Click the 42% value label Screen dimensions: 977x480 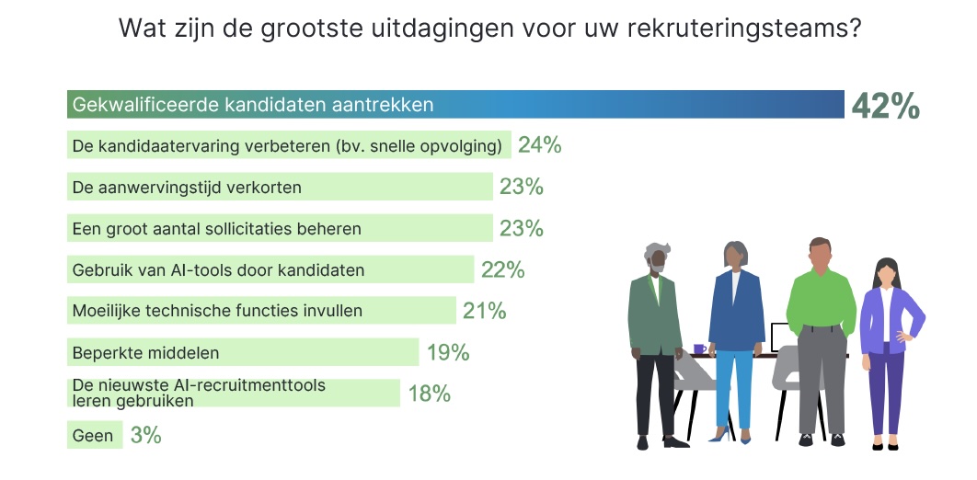point(885,106)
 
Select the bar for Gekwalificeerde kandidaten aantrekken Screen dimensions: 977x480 point(455,104)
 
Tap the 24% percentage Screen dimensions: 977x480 point(540,145)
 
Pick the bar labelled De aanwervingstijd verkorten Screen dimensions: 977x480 point(280,187)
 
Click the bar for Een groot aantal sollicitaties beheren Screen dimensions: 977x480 point(280,228)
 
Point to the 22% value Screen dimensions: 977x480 point(503,269)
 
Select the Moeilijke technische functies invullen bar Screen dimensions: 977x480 point(261,310)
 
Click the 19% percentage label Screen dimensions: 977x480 point(448,352)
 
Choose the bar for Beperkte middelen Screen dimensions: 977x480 point(243,352)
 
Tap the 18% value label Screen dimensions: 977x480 point(430,394)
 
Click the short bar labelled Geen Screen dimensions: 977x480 point(95,435)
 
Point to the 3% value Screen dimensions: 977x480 point(145,435)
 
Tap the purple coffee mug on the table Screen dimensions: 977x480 point(700,349)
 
